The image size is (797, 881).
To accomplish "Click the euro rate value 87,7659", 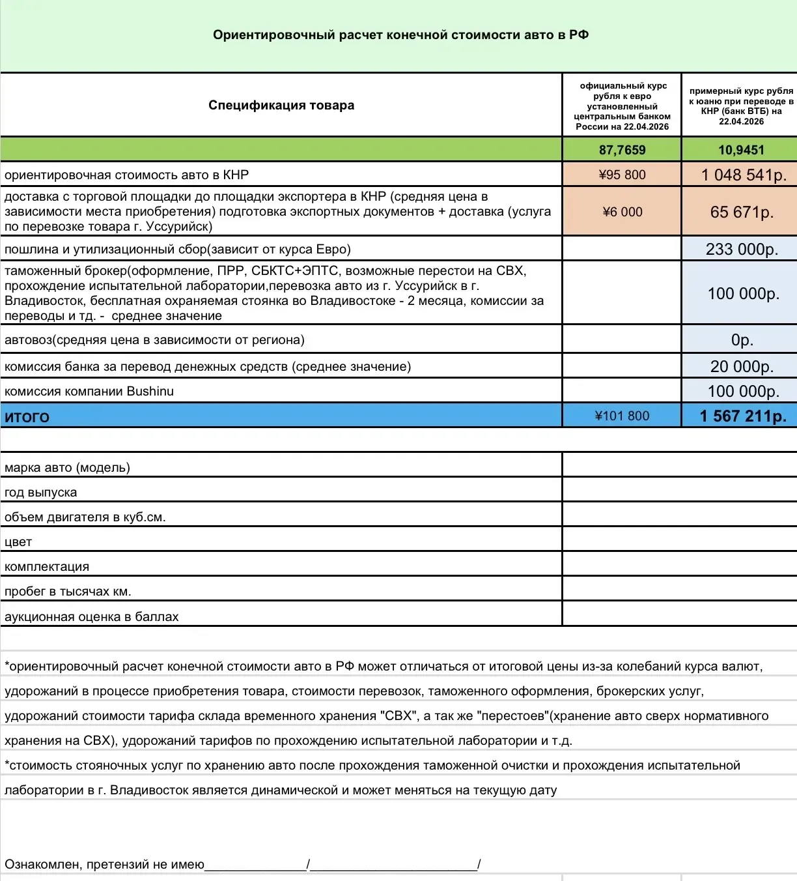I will [x=622, y=150].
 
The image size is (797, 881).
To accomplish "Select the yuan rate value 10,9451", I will [x=741, y=150].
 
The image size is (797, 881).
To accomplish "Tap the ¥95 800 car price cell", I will [x=622, y=175].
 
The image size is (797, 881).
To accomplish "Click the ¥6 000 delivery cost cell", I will [x=622, y=212].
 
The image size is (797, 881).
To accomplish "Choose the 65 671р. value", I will [x=742, y=212].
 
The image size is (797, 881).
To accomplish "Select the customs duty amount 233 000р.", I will [x=742, y=249].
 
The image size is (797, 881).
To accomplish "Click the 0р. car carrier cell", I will [x=742, y=339].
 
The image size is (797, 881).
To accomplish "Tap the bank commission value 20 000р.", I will [x=742, y=366].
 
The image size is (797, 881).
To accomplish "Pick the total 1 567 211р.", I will [x=743, y=416].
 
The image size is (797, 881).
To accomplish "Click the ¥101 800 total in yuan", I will [x=622, y=416].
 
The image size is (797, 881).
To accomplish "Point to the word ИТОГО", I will [x=27, y=417].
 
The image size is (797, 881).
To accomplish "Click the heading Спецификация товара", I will [x=281, y=105].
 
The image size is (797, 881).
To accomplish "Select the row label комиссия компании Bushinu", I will [x=89, y=391].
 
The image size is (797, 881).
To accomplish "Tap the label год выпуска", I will [x=40, y=492].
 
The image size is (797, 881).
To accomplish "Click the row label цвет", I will [x=18, y=542].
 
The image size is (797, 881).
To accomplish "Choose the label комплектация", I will [x=47, y=566].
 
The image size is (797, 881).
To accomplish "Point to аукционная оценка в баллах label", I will [x=91, y=616].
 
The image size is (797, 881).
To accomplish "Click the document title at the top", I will [x=400, y=35].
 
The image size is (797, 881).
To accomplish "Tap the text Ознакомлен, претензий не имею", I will [x=104, y=864].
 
